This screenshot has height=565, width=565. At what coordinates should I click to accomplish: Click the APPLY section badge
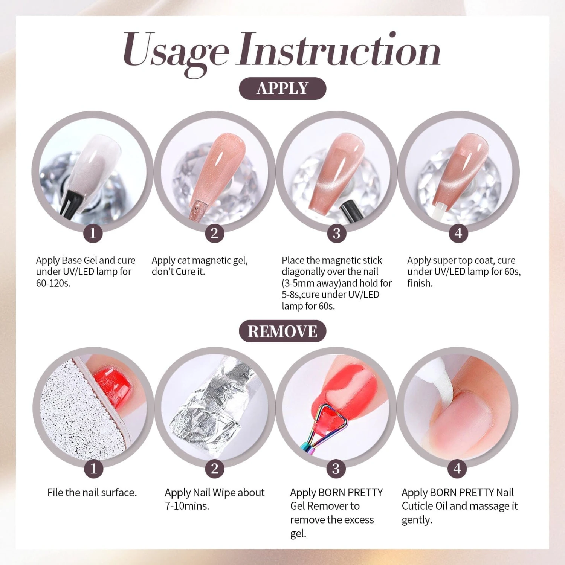[x=282, y=89]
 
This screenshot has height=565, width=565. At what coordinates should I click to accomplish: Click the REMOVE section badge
[x=282, y=331]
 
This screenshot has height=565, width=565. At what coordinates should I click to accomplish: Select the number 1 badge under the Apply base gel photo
[x=93, y=234]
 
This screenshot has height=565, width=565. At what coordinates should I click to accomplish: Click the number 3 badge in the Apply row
[x=336, y=234]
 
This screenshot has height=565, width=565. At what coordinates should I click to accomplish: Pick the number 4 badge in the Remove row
[x=457, y=469]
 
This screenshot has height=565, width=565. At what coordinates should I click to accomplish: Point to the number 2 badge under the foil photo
[x=214, y=469]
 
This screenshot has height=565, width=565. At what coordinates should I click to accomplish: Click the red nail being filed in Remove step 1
[x=113, y=388]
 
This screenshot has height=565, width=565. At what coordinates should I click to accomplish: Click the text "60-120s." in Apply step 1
[x=53, y=283]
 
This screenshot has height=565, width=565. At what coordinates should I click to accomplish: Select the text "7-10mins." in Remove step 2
[x=187, y=506]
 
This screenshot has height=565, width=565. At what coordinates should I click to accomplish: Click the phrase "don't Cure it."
[x=178, y=272]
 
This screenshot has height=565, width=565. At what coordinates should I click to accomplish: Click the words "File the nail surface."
[x=92, y=492]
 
